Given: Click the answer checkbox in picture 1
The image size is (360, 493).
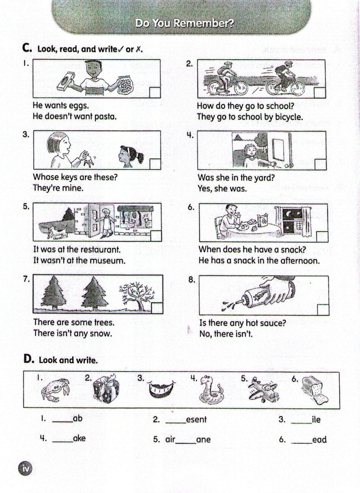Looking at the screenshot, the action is [x=155, y=92].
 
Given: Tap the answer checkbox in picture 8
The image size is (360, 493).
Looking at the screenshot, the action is [x=323, y=310].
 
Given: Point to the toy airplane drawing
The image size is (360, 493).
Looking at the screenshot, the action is [x=263, y=390].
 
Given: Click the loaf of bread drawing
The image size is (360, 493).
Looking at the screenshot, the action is [x=315, y=390].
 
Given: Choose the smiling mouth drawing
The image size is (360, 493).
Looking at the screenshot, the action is [x=161, y=389].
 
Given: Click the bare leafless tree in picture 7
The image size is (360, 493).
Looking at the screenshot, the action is [x=137, y=296].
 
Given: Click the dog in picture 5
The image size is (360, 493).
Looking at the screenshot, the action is [x=57, y=232].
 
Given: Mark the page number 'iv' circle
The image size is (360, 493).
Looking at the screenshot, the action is [x=26, y=469].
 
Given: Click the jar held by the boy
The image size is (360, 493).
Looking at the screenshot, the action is [x=126, y=85].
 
